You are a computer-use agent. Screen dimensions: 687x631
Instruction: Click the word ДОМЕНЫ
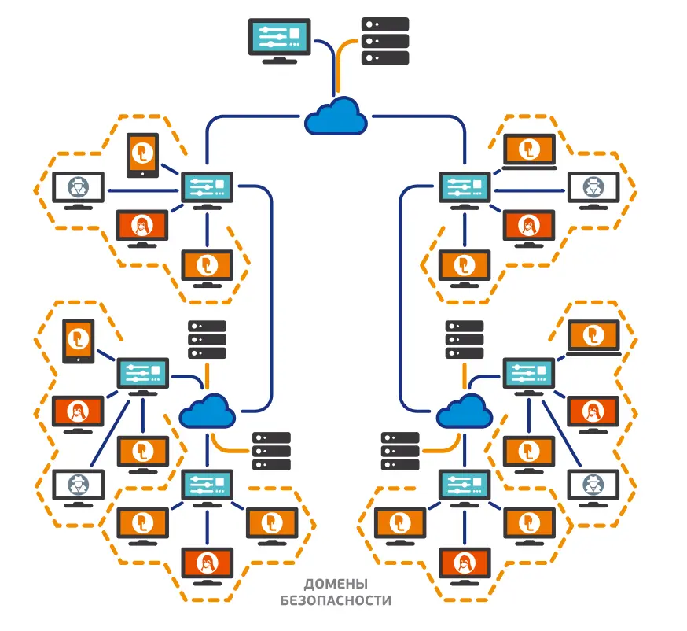[x=336, y=584]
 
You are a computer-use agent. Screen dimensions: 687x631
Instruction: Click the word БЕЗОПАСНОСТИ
[x=336, y=600]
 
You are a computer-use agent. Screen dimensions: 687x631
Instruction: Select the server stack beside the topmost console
[x=385, y=41]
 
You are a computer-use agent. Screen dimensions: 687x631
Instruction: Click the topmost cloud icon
[x=336, y=116]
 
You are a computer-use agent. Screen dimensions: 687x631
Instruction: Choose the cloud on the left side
[x=208, y=411]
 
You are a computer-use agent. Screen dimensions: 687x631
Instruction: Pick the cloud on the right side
[x=465, y=411]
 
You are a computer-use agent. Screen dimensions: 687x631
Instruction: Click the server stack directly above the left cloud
[x=208, y=340]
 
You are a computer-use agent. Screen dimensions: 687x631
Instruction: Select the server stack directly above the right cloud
[x=465, y=340]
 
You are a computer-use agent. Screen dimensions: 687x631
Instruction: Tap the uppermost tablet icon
[x=142, y=156]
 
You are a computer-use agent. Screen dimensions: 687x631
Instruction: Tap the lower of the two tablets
[x=79, y=341]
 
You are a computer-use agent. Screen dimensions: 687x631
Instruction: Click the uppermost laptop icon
[x=529, y=152]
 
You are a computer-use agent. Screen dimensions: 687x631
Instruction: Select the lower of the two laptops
[x=593, y=338]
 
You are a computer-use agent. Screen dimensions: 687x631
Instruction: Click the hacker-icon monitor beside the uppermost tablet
[x=79, y=190]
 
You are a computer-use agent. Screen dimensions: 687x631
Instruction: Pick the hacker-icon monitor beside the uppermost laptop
[x=593, y=190]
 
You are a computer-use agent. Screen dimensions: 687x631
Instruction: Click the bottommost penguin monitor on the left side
[x=208, y=566]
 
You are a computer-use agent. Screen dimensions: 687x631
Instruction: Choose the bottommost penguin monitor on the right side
[x=465, y=566]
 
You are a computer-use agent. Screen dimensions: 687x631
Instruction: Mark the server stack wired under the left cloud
[x=272, y=451]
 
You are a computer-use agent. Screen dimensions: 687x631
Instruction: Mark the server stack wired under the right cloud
[x=400, y=451]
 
